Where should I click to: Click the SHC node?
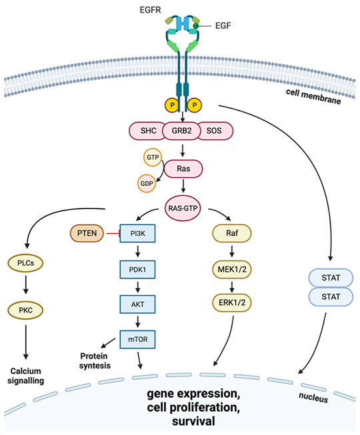tap(147, 131)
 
